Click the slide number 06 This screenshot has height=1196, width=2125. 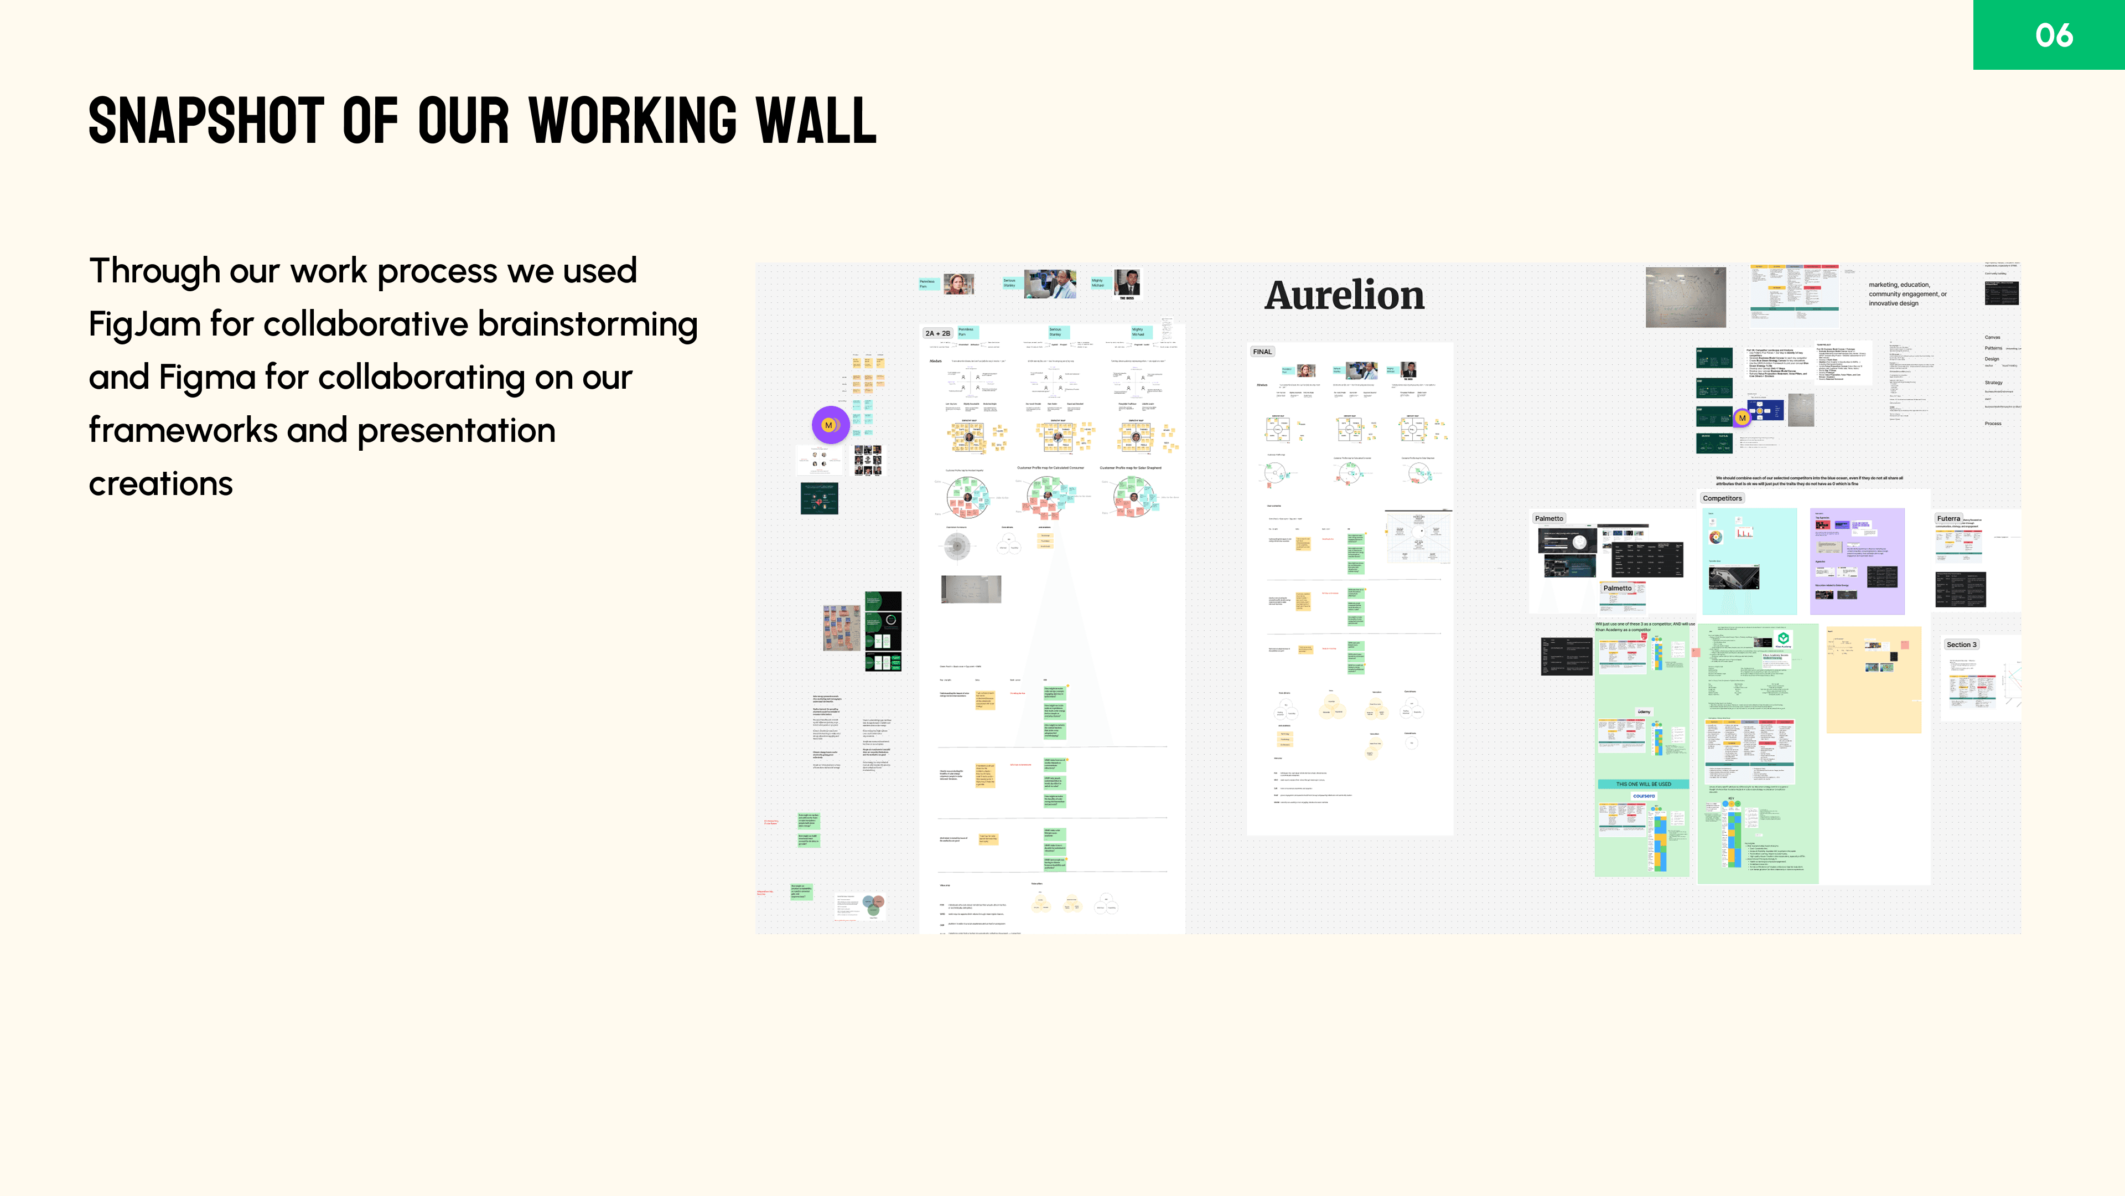(x=2053, y=35)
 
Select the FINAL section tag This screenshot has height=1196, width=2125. (x=1262, y=352)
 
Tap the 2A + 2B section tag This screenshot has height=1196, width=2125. (x=937, y=333)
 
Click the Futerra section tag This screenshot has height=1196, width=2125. (x=1948, y=518)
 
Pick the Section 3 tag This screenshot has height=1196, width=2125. (x=1961, y=645)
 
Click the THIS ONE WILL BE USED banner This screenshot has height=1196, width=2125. (x=1642, y=784)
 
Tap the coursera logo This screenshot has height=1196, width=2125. (x=1643, y=797)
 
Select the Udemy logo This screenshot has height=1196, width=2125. (x=1643, y=712)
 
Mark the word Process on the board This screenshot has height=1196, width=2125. (x=1993, y=424)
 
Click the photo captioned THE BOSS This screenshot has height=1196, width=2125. (x=1127, y=282)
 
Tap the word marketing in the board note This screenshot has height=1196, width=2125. (x=1883, y=285)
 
